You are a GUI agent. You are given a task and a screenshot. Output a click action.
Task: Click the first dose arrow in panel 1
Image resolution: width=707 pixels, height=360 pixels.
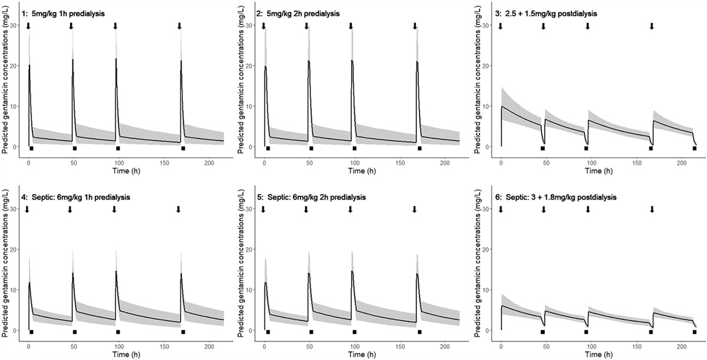coord(28,26)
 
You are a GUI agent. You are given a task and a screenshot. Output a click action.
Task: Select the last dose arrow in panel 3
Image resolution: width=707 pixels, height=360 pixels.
coord(652,26)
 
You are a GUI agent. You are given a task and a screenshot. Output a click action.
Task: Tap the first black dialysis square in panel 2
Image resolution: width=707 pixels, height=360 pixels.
coord(268,148)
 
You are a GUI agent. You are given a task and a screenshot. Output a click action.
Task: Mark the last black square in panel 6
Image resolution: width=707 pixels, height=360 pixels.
coord(695,332)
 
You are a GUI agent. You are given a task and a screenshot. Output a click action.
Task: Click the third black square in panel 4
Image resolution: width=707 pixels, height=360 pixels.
coord(118,332)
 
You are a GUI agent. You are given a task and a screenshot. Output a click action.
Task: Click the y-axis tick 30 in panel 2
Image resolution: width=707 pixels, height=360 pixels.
coord(253,25)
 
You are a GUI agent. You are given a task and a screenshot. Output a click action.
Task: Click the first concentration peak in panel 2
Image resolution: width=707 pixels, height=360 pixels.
coord(266,67)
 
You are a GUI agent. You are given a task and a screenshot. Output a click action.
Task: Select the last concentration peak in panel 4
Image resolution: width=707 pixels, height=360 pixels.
coord(181,273)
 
